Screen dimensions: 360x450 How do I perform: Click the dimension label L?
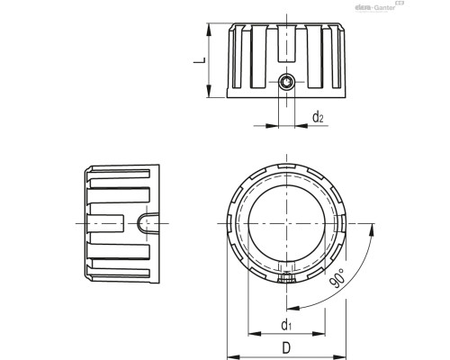(x=203, y=60)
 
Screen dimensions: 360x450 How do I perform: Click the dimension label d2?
(x=317, y=117)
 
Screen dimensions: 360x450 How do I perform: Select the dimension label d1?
(x=285, y=324)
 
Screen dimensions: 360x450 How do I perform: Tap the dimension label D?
(x=285, y=346)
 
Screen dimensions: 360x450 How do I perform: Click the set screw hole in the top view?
(x=285, y=84)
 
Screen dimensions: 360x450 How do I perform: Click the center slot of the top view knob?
(x=285, y=40)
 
